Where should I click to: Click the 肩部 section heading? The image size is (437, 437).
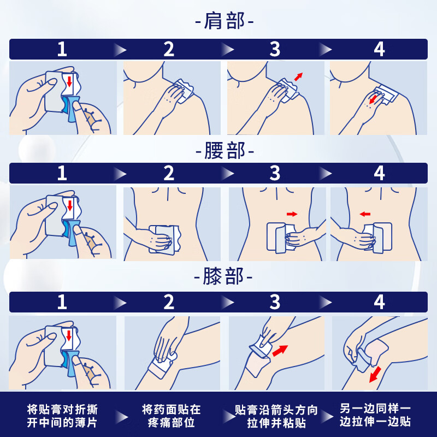click(x=225, y=22)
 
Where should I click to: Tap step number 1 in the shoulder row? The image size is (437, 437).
click(x=62, y=49)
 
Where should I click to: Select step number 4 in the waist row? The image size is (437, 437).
click(x=379, y=173)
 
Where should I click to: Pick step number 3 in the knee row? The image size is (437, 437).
click(x=275, y=302)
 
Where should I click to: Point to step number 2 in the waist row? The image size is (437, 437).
click(x=169, y=173)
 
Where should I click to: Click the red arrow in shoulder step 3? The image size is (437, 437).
click(x=298, y=76)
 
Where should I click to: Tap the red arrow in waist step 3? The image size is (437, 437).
click(x=292, y=214)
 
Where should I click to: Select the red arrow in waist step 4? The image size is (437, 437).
click(x=365, y=214)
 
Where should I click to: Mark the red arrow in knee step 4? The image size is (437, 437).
click(x=375, y=375)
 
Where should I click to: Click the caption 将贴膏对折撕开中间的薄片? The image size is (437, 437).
click(x=62, y=415)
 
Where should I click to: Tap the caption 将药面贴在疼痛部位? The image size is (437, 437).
click(x=171, y=415)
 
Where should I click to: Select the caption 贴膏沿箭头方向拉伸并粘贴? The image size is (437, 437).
click(x=275, y=415)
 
